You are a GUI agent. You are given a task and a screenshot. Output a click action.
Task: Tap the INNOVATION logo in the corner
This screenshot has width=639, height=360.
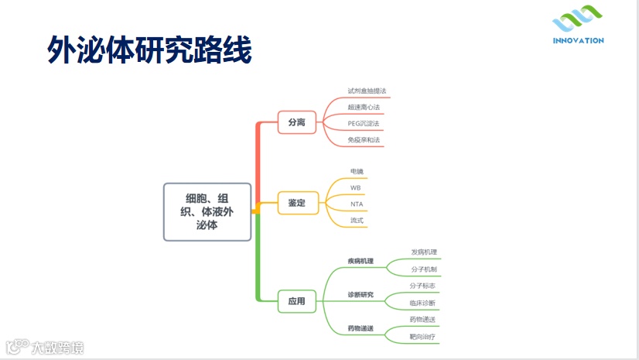[578, 29]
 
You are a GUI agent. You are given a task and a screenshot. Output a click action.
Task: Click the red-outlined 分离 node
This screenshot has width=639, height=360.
[296, 122]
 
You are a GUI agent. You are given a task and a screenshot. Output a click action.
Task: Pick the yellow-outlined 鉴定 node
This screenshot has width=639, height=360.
[296, 203]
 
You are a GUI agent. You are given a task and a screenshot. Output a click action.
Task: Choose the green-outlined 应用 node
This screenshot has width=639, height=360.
[296, 300]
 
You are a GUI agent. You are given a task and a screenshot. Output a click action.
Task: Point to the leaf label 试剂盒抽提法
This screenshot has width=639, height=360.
[366, 91]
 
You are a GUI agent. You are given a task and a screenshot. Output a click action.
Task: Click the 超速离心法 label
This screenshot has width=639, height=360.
[364, 107]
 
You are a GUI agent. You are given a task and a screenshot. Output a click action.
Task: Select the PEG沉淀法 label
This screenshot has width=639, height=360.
[364, 123]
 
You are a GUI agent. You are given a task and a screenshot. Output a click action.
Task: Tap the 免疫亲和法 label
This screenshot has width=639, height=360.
[364, 140]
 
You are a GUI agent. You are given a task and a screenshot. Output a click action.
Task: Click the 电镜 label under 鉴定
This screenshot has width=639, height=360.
[356, 171]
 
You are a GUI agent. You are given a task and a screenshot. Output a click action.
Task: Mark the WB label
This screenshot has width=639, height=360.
[355, 187]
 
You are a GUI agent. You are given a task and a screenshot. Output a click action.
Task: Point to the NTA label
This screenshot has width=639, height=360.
[356, 204]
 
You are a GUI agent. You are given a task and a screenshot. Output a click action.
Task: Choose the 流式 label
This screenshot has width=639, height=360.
[356, 221]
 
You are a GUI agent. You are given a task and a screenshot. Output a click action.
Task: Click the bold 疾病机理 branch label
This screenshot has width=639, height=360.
[361, 261]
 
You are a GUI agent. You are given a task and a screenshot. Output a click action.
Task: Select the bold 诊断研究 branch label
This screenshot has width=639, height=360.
[361, 295]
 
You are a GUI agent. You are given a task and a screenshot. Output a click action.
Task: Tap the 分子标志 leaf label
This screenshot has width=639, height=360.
[423, 286]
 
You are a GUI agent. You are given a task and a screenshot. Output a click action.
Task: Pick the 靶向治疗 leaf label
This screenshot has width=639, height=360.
[423, 336]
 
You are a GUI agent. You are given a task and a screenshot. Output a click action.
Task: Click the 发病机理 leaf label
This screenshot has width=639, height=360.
[424, 252]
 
